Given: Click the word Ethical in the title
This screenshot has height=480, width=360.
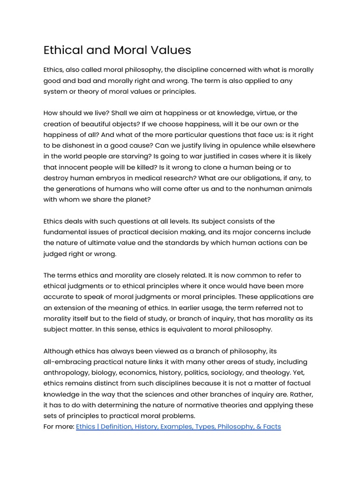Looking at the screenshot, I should point(64,50).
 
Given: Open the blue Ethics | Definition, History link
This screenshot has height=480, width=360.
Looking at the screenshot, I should point(178,427).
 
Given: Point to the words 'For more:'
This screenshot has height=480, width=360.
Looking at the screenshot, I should point(59,427).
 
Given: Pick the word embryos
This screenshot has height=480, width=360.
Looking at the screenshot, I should point(122,178).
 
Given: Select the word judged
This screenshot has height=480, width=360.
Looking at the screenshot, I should point(55,254).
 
